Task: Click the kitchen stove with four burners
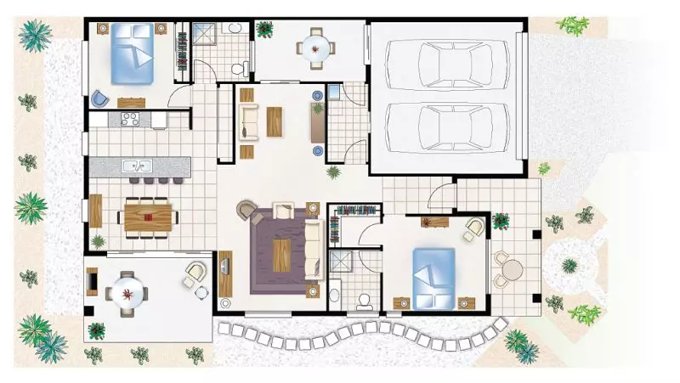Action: click(129, 120)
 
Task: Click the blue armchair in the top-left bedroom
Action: click(101, 98)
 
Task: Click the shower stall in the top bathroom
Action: click(206, 36)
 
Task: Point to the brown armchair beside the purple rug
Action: click(246, 209)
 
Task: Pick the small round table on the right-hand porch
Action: click(510, 270)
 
